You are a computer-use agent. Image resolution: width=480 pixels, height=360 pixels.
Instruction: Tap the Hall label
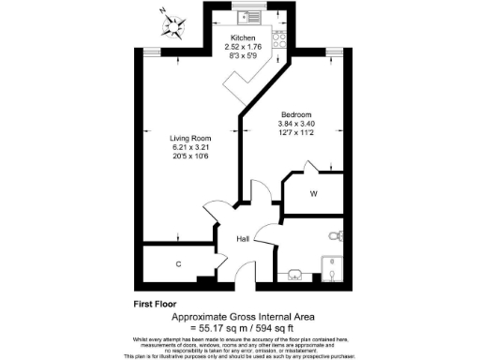click(x=242, y=240)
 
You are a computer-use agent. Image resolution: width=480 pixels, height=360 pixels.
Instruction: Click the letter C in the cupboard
click(x=178, y=264)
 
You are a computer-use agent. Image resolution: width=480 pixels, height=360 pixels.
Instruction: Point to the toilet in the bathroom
click(x=337, y=235)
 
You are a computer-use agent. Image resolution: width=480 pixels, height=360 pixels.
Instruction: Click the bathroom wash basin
click(x=294, y=275)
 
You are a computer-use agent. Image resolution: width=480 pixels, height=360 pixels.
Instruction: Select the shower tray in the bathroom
click(x=333, y=267)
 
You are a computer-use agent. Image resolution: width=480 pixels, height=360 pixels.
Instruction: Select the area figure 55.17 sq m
click(x=217, y=327)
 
